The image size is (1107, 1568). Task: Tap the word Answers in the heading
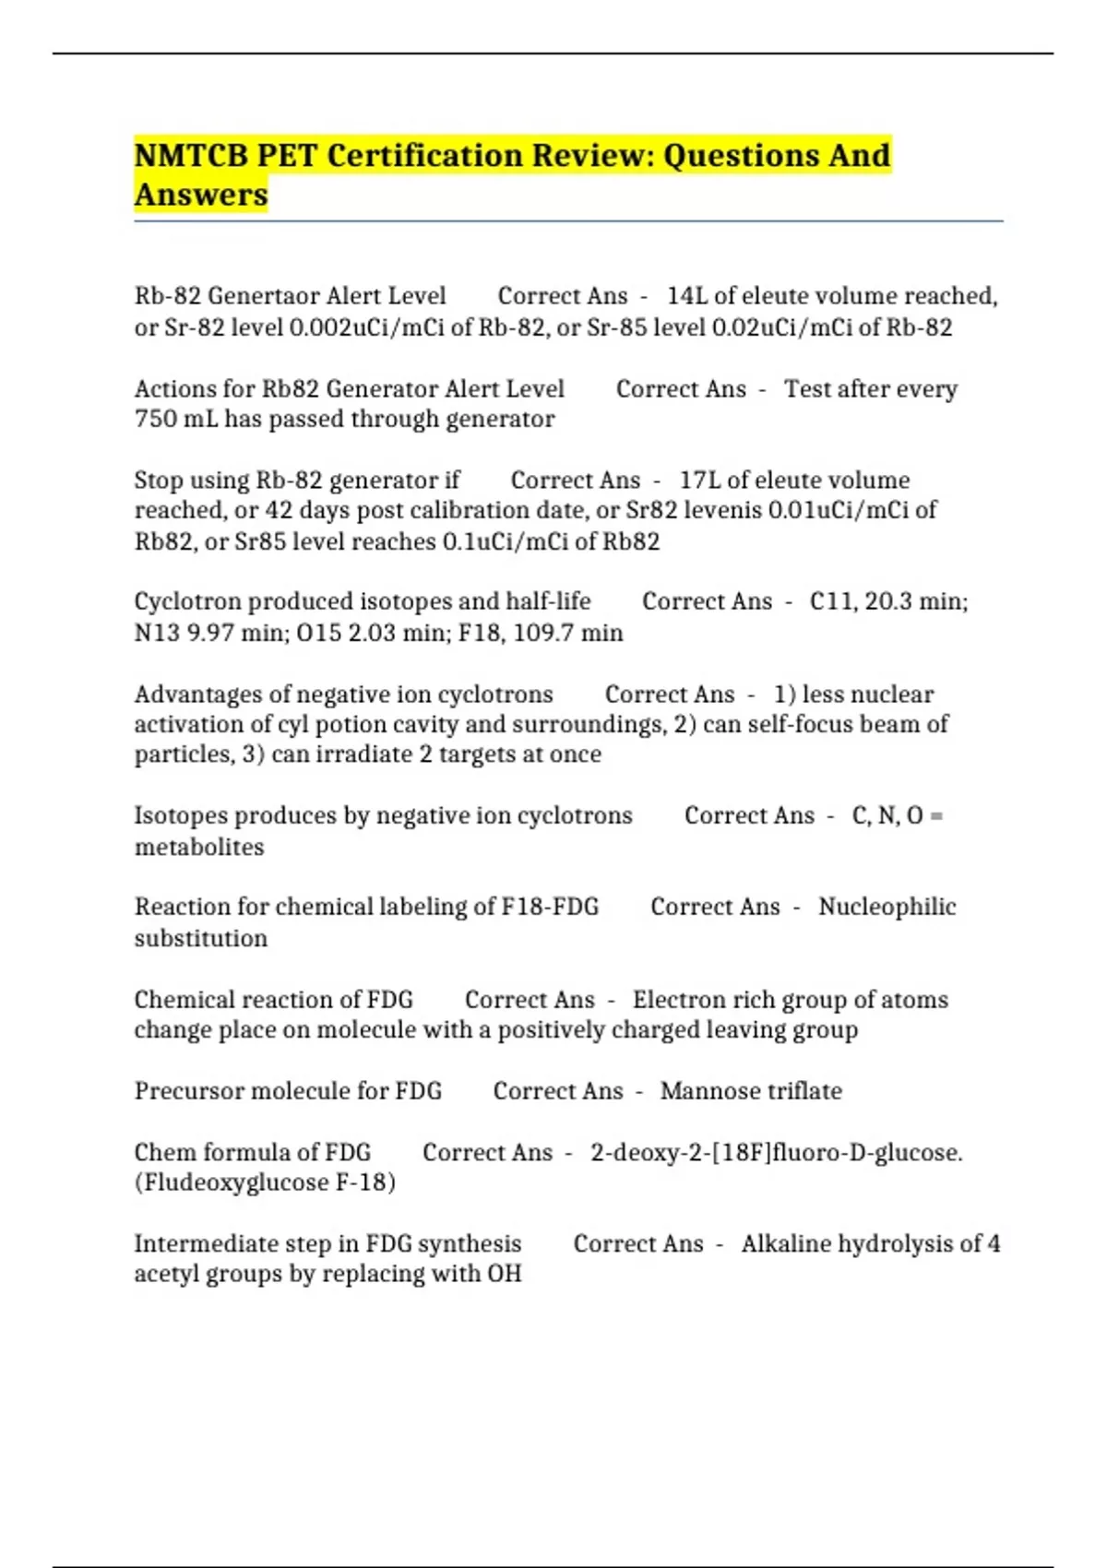(201, 195)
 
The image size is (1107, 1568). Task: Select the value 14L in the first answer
(686, 296)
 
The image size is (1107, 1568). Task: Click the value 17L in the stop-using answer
(699, 481)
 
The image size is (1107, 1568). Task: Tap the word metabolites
(199, 847)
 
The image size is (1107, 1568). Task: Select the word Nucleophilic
(887, 907)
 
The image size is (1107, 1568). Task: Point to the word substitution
(201, 938)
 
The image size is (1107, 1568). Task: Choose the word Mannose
(704, 1091)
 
